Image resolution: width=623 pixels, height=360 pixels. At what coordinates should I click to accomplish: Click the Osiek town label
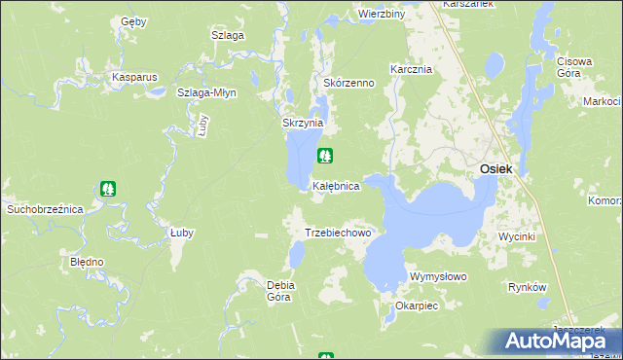[495, 169]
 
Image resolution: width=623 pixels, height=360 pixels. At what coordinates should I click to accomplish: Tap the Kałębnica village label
[337, 185]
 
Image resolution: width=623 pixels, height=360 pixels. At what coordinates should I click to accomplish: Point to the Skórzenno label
[348, 84]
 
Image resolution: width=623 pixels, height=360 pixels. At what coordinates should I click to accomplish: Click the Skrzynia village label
[302, 124]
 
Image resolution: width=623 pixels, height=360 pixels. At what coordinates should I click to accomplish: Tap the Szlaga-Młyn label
[205, 92]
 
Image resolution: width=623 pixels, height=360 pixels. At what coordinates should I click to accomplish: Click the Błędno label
[87, 263]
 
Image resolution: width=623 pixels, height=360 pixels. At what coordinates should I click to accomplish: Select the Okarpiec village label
[417, 306]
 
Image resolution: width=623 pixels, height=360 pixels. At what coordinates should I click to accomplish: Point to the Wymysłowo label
[439, 276]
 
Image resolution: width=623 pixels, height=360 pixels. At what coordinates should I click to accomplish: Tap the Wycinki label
[516, 237]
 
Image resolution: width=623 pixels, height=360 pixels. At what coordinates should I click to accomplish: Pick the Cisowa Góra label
[574, 67]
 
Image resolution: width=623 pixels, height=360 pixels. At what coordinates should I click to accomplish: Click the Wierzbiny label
[381, 15]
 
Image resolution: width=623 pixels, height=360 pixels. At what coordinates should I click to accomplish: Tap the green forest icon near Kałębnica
[325, 155]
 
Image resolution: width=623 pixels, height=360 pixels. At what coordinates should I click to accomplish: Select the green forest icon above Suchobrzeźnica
[109, 189]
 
